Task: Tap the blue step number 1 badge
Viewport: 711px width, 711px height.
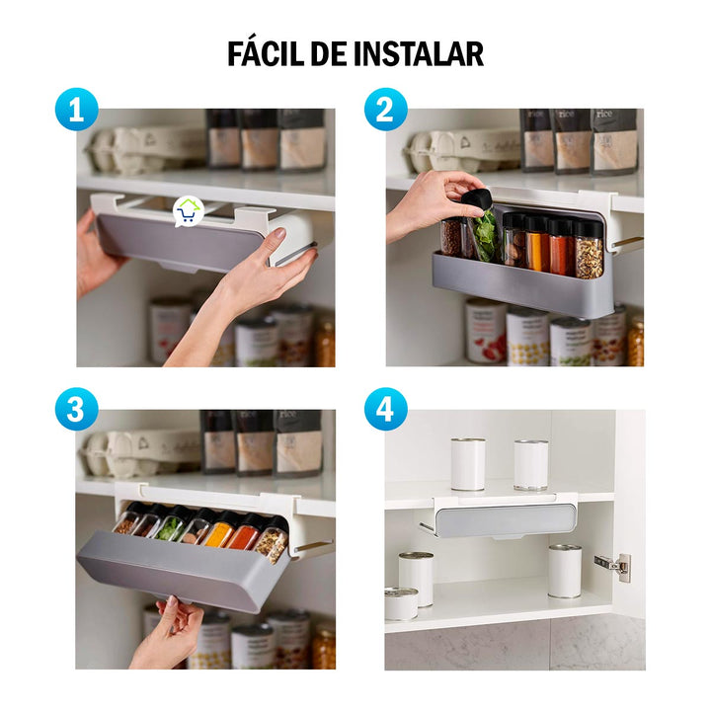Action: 76,111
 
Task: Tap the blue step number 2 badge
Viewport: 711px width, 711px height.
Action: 384,111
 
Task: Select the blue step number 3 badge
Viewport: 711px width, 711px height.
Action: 76,409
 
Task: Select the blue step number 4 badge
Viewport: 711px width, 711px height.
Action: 384,409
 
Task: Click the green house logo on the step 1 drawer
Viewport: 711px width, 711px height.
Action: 188,210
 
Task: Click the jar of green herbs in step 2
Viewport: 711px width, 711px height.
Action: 486,237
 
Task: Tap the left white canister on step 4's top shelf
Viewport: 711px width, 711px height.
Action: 467,464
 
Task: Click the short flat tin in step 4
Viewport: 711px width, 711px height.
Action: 401,602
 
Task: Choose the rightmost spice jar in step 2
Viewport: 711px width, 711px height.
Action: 590,249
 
